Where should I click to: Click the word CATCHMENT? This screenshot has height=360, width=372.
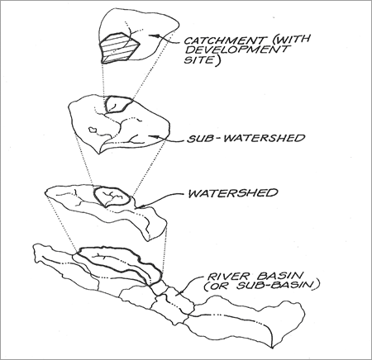224,40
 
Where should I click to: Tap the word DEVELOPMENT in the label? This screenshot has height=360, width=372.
236,50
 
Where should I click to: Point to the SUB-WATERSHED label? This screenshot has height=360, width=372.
246,138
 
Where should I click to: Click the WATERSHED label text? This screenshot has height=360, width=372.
233,193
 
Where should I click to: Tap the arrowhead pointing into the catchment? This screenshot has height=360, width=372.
153,36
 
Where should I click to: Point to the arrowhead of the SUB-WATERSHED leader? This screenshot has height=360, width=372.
152,136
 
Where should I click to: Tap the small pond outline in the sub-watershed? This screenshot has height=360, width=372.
92,129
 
